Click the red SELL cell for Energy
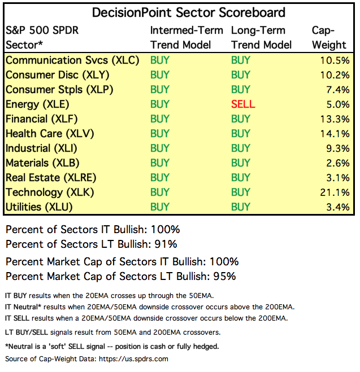[x=243, y=104]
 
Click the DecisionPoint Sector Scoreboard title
[x=180, y=12]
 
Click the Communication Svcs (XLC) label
[x=72, y=60]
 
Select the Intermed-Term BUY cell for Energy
[x=160, y=104]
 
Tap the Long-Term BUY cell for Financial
[x=241, y=119]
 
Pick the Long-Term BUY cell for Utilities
[x=241, y=207]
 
